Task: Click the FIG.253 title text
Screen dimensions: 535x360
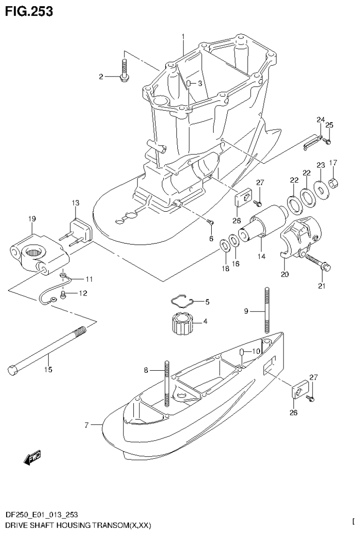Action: coord(29,11)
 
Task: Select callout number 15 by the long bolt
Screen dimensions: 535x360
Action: coord(48,370)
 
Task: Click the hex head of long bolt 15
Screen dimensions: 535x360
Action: coord(13,370)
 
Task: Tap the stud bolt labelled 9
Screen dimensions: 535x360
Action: coord(266,310)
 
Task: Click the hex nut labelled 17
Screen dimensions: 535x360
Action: coord(334,182)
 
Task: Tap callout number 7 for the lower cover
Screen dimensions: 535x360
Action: coord(86,426)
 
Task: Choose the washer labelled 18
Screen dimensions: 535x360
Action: coord(224,245)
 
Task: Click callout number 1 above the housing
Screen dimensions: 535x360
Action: coord(184,36)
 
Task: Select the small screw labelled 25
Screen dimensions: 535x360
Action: coord(329,140)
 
